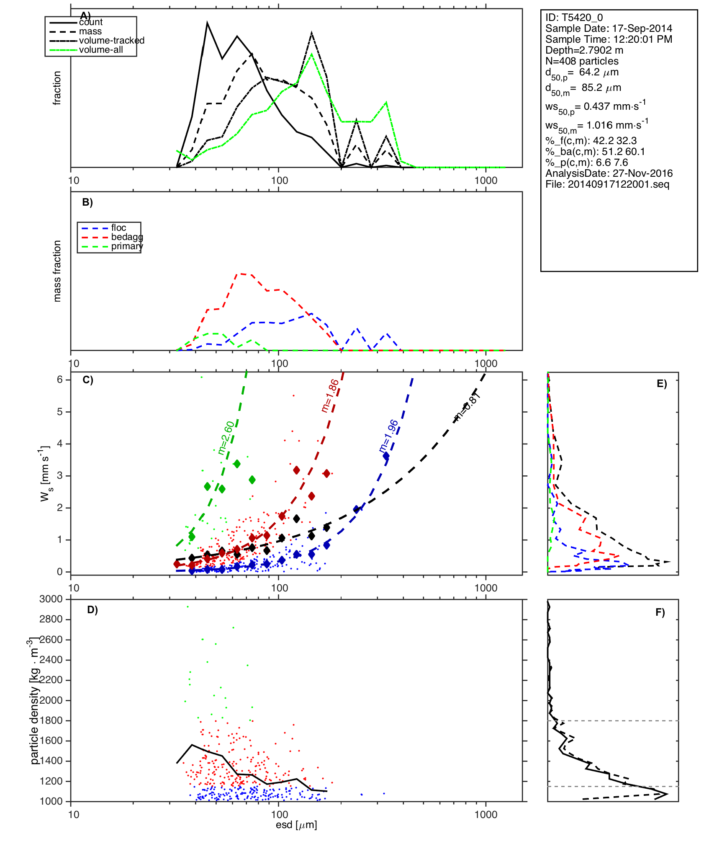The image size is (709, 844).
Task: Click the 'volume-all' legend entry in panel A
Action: pyautogui.click(x=101, y=50)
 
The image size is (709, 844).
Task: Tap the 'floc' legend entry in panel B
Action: pyautogui.click(x=118, y=228)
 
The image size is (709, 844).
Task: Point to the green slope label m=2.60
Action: pyautogui.click(x=226, y=438)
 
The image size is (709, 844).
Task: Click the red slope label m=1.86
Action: pyautogui.click(x=330, y=396)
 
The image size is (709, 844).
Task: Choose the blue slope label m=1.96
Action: pyautogui.click(x=388, y=436)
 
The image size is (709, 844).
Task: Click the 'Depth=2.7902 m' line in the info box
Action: pyautogui.click(x=584, y=50)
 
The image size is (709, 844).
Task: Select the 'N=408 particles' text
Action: pyautogui.click(x=582, y=61)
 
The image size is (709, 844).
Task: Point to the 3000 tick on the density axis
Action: pyautogui.click(x=51, y=599)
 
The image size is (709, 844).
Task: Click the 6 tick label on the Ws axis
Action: pyautogui.click(x=60, y=379)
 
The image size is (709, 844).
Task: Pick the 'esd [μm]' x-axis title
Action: pyautogui.click(x=296, y=825)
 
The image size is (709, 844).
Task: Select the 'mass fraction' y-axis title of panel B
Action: pyautogui.click(x=57, y=271)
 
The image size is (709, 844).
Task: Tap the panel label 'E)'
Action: pyautogui.click(x=662, y=384)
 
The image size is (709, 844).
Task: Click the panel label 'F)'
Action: pyautogui.click(x=660, y=612)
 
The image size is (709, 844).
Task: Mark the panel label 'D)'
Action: pyautogui.click(x=92, y=610)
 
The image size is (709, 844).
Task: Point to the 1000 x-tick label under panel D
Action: pyautogui.click(x=486, y=814)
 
